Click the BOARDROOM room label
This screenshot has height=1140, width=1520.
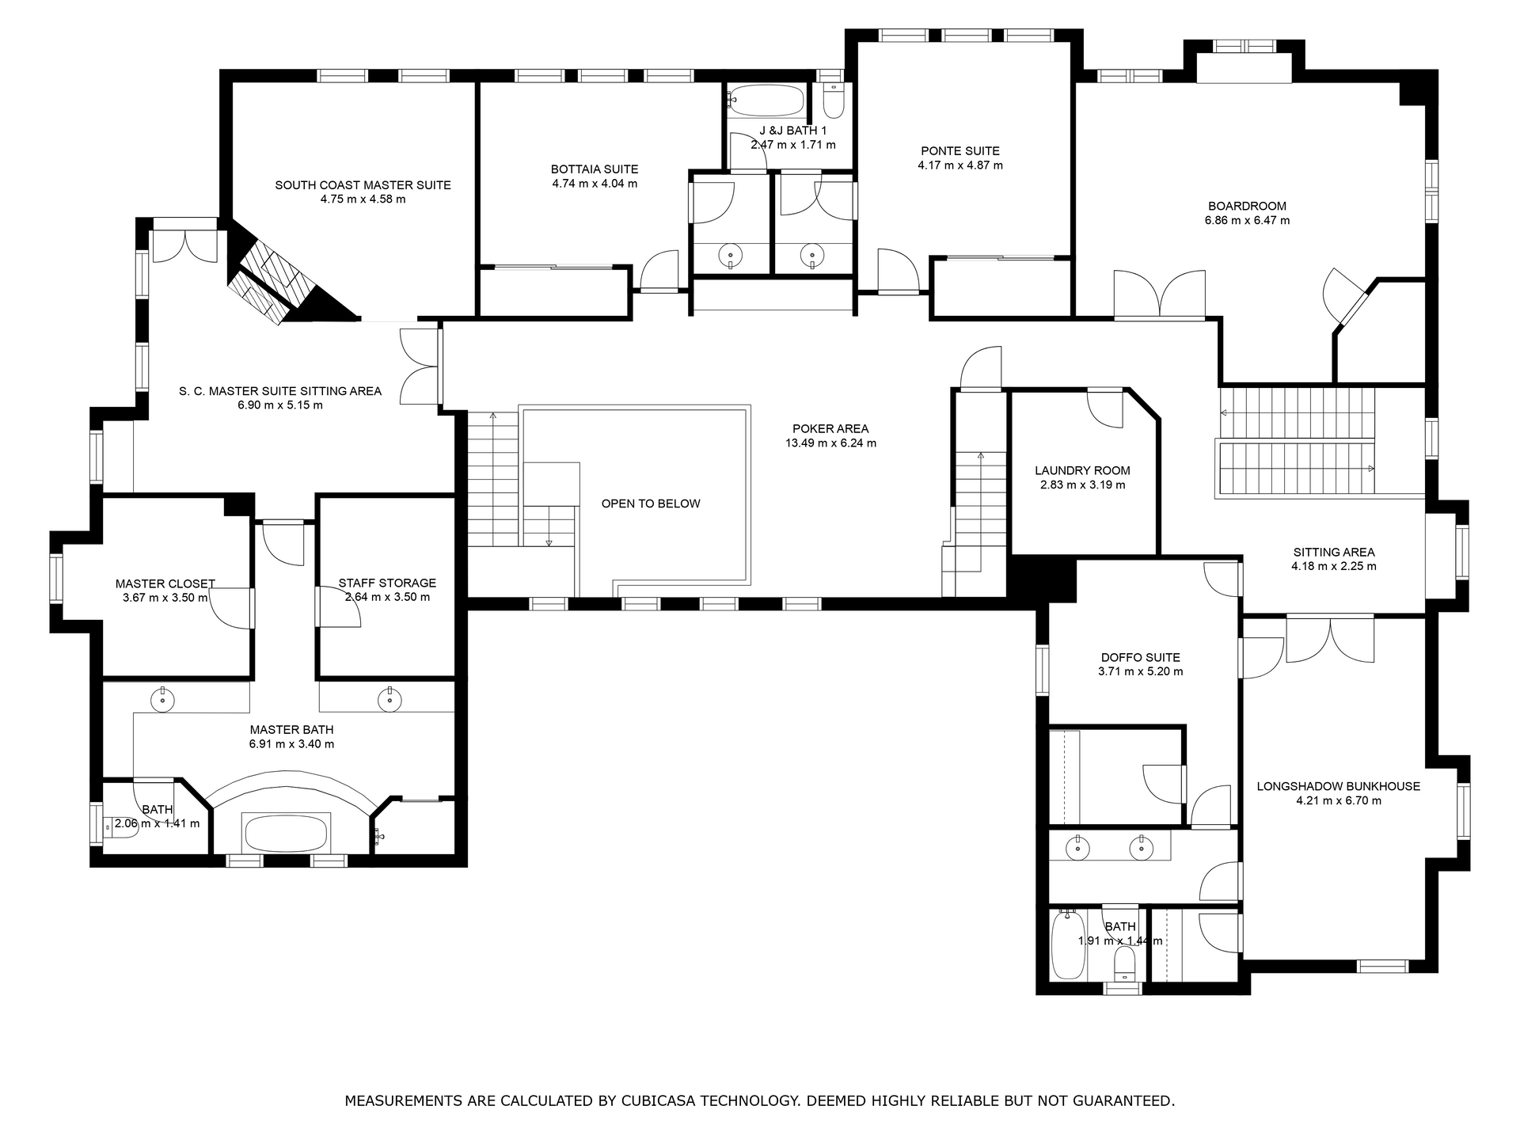[1247, 206]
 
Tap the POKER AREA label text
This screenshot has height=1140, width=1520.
[830, 429]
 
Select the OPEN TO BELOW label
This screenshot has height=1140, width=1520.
[651, 503]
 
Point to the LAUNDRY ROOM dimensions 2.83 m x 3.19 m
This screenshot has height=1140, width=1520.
[1082, 484]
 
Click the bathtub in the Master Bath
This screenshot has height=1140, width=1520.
[285, 833]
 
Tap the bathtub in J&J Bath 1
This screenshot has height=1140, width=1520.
[766, 101]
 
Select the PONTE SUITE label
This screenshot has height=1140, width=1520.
[959, 150]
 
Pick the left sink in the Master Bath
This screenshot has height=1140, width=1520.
[162, 700]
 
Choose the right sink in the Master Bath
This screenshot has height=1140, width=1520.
[389, 700]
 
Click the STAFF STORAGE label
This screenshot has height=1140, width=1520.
[387, 583]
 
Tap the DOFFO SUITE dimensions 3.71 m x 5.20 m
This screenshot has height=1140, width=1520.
[1140, 671]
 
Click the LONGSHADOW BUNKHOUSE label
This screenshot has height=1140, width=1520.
[1338, 786]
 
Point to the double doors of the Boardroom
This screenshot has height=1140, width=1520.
[1160, 295]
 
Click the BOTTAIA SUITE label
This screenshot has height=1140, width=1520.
[595, 169]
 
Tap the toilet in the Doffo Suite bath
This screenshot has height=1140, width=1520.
[1123, 965]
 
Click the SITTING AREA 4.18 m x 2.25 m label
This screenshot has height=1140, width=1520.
[1333, 559]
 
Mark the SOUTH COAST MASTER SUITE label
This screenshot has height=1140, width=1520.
[363, 185]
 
